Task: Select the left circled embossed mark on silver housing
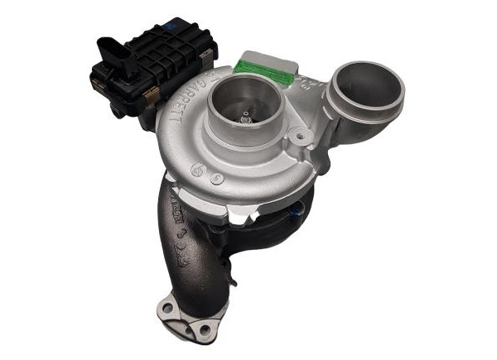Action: pos(199,168)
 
